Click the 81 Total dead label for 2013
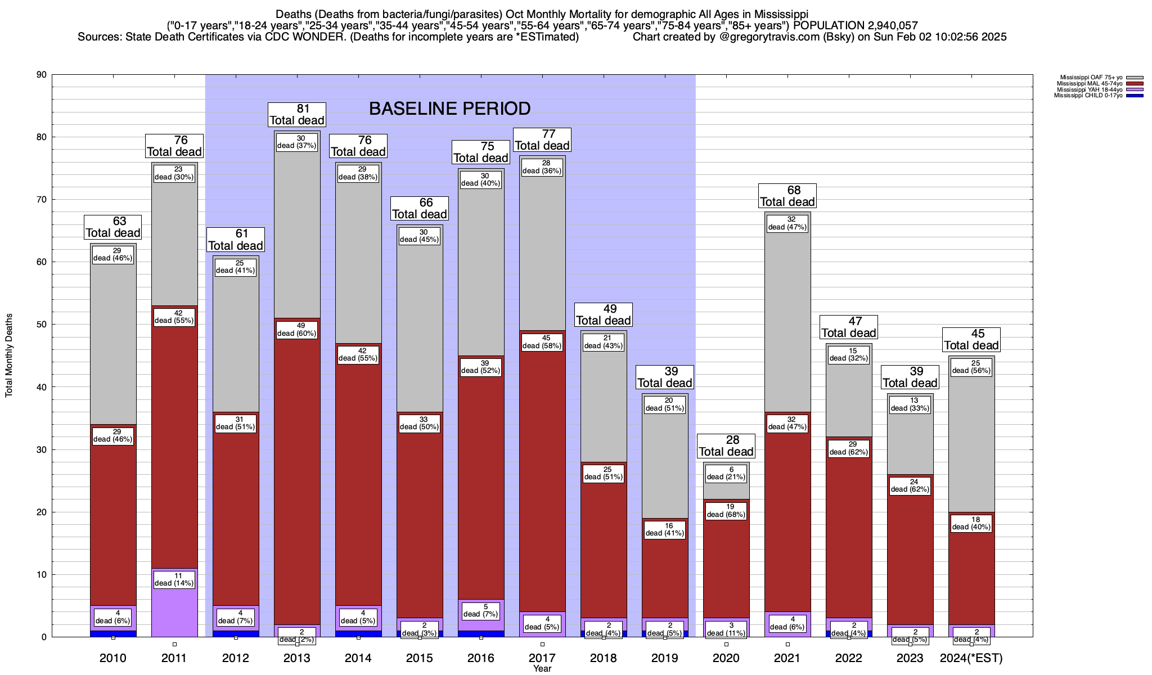297,115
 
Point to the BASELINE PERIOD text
449,109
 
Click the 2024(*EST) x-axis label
971,658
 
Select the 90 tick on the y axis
40,75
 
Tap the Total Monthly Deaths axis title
9,355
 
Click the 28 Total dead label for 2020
726,445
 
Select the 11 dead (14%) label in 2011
174,579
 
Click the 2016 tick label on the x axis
481,658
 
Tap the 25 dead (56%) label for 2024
971,367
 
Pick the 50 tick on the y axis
40,325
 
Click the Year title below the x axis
542,669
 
